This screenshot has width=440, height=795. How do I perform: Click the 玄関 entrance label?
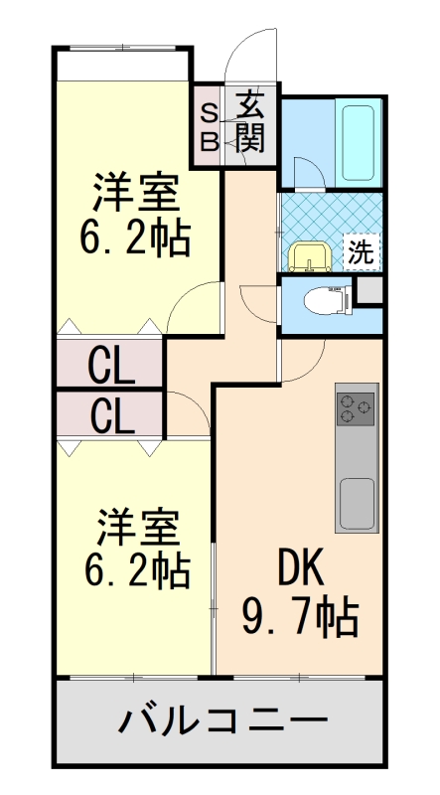click(251, 122)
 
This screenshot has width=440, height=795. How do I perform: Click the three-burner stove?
click(357, 406)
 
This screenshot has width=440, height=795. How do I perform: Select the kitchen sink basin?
click(357, 503)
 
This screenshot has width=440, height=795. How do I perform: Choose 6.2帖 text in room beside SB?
click(136, 238)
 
